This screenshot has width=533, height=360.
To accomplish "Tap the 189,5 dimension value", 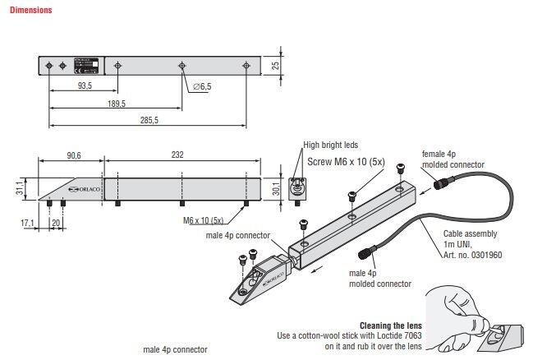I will [x=116, y=104].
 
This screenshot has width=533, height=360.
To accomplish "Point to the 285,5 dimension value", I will [x=149, y=121].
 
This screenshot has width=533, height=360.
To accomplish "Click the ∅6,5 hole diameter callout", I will [x=202, y=86].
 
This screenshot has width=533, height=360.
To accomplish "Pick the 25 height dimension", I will [x=276, y=65].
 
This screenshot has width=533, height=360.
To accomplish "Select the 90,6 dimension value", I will [x=74, y=153].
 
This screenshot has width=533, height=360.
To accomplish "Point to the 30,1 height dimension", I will [x=275, y=190].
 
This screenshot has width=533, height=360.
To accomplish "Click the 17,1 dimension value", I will [x=26, y=223].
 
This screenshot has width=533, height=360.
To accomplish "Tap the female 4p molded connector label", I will [x=452, y=159].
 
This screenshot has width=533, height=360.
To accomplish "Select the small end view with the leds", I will [x=298, y=188].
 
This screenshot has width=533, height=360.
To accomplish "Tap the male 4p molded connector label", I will [x=379, y=279].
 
